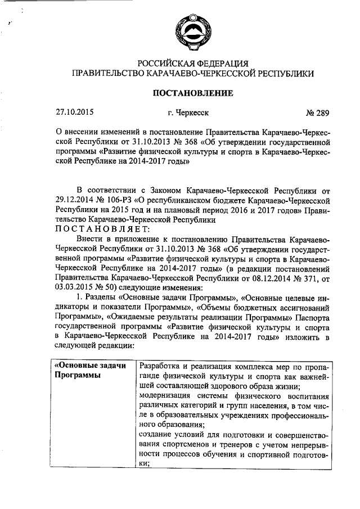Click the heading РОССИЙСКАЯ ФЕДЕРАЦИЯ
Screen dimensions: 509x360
click(191, 63)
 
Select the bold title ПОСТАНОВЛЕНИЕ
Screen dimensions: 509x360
click(191, 93)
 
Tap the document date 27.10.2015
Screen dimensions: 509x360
click(74, 112)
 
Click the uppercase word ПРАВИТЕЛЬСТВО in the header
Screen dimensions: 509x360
click(108, 73)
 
